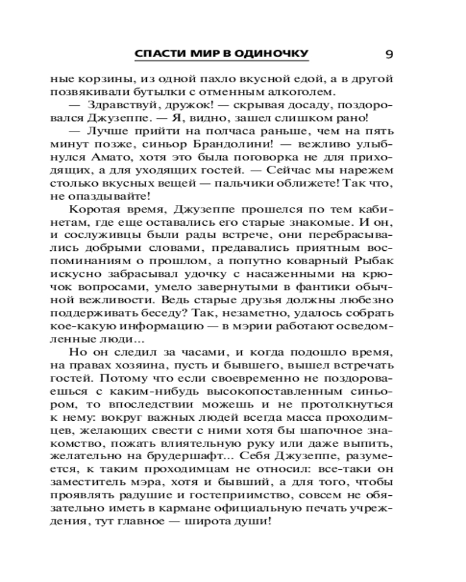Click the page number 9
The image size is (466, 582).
point(389,55)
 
